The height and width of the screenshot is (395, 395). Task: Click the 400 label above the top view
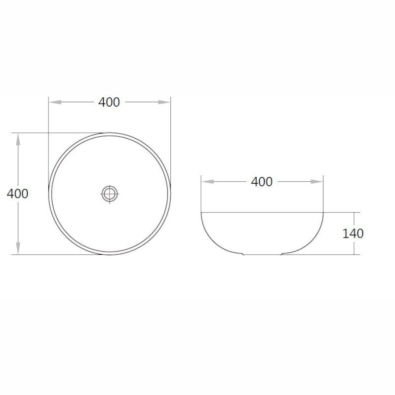[x=109, y=102]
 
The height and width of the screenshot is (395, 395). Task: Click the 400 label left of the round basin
[x=18, y=194]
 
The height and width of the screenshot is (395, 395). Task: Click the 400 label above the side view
[x=262, y=182]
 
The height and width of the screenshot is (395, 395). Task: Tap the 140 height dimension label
[x=353, y=233]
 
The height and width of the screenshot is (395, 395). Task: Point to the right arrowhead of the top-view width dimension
[x=164, y=102]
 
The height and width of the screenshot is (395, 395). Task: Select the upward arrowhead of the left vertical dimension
[x=18, y=139]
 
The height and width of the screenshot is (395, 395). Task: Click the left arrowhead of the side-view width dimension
[x=207, y=182]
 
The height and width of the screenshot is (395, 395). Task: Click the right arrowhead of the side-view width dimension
[x=317, y=182]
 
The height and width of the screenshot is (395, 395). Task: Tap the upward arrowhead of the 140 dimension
[x=354, y=217]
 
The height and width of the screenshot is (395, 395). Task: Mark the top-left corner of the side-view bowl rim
[x=201, y=212]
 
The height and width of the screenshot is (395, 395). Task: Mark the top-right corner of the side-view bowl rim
[x=323, y=212]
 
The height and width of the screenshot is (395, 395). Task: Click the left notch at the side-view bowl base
[x=243, y=254]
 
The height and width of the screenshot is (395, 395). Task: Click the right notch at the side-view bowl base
[x=282, y=254]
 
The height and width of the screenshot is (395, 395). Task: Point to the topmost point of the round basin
[x=110, y=133]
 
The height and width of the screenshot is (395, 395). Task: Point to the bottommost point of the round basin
[x=110, y=254]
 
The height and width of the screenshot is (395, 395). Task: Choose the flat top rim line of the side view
[x=262, y=212]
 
